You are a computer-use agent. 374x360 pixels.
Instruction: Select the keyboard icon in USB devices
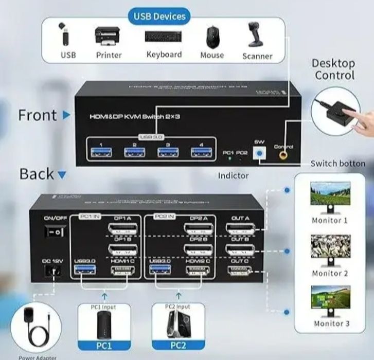point(164,37)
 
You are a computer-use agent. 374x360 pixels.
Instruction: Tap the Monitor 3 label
point(330,323)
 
